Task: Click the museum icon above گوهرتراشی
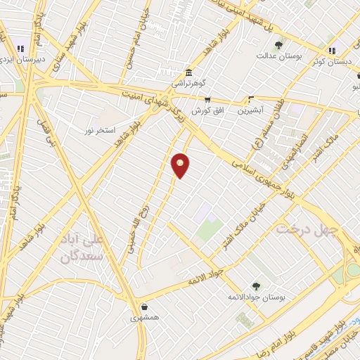pyautogui.click(x=188, y=73)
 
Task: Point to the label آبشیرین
pyautogui.click(x=250, y=110)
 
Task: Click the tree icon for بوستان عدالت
pyautogui.click(x=279, y=44)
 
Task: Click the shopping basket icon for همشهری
pyautogui.click(x=145, y=307)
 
